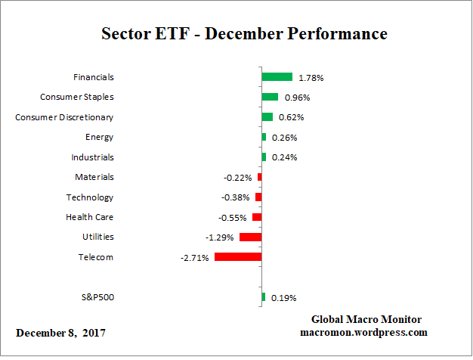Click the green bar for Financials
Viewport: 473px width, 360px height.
coord(277,77)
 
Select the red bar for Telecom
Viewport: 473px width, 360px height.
coord(238,257)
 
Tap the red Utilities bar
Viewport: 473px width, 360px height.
coord(250,237)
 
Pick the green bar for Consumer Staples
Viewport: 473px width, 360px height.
coord(270,97)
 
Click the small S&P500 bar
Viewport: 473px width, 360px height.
coord(263,297)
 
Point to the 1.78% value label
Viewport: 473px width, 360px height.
coord(311,77)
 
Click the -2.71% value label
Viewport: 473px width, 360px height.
coord(194,258)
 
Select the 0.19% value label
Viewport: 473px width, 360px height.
coord(284,298)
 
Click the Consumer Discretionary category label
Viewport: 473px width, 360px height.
coord(65,117)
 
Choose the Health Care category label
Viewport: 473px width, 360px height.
coord(90,217)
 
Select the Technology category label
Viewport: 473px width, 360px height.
coord(89,197)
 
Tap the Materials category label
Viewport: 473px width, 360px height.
coord(94,177)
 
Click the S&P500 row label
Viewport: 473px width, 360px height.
coord(97,297)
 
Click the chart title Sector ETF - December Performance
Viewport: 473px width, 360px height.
coord(244,34)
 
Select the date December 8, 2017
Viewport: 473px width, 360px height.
coord(60,333)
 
